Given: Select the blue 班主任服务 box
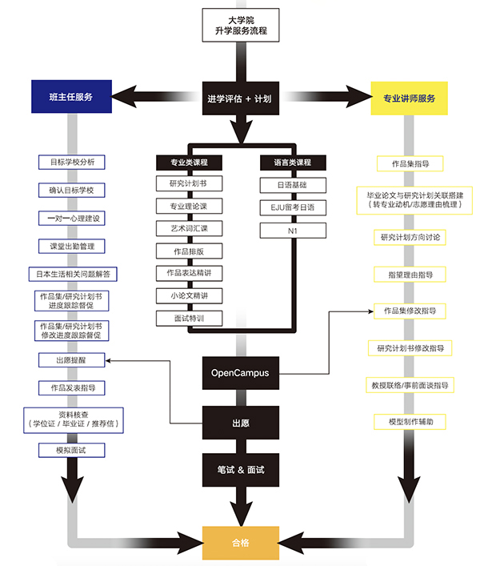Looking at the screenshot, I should coord(71,97).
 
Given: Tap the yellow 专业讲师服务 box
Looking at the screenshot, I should coord(409,98).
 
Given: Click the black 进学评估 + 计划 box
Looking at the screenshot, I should coord(240,98).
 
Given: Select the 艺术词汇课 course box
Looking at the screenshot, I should coord(189,229).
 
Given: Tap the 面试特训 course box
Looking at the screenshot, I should coord(189,318).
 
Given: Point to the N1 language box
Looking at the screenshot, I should coord(293,230).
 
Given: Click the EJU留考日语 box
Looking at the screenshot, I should coord(293,207).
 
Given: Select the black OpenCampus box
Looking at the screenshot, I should coord(240,372).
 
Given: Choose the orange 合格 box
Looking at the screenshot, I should coord(240,542).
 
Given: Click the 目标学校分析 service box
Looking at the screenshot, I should coord(72,162).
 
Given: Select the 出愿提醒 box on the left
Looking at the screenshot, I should coord(71,361).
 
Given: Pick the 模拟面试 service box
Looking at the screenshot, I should coord(71,451).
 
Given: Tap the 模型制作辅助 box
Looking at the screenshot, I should coord(409,421).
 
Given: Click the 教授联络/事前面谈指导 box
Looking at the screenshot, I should coord(409,385).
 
